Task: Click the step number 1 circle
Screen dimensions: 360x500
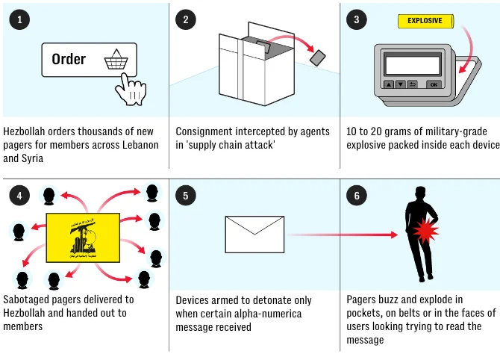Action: click(19, 19)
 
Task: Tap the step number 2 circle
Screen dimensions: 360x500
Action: click(186, 19)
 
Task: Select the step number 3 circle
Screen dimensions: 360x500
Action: click(356, 19)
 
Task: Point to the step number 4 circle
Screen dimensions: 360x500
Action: click(19, 196)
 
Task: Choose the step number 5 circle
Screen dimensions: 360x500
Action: click(186, 196)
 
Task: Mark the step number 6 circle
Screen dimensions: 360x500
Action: click(356, 196)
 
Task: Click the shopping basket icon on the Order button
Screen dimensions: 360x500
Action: click(116, 59)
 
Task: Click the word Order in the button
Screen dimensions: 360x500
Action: click(69, 59)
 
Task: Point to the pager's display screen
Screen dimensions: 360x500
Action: click(412, 64)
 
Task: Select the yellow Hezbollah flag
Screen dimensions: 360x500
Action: click(82, 238)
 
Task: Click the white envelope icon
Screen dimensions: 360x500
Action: click(254, 235)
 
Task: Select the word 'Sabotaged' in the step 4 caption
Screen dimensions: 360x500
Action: click(28, 300)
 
